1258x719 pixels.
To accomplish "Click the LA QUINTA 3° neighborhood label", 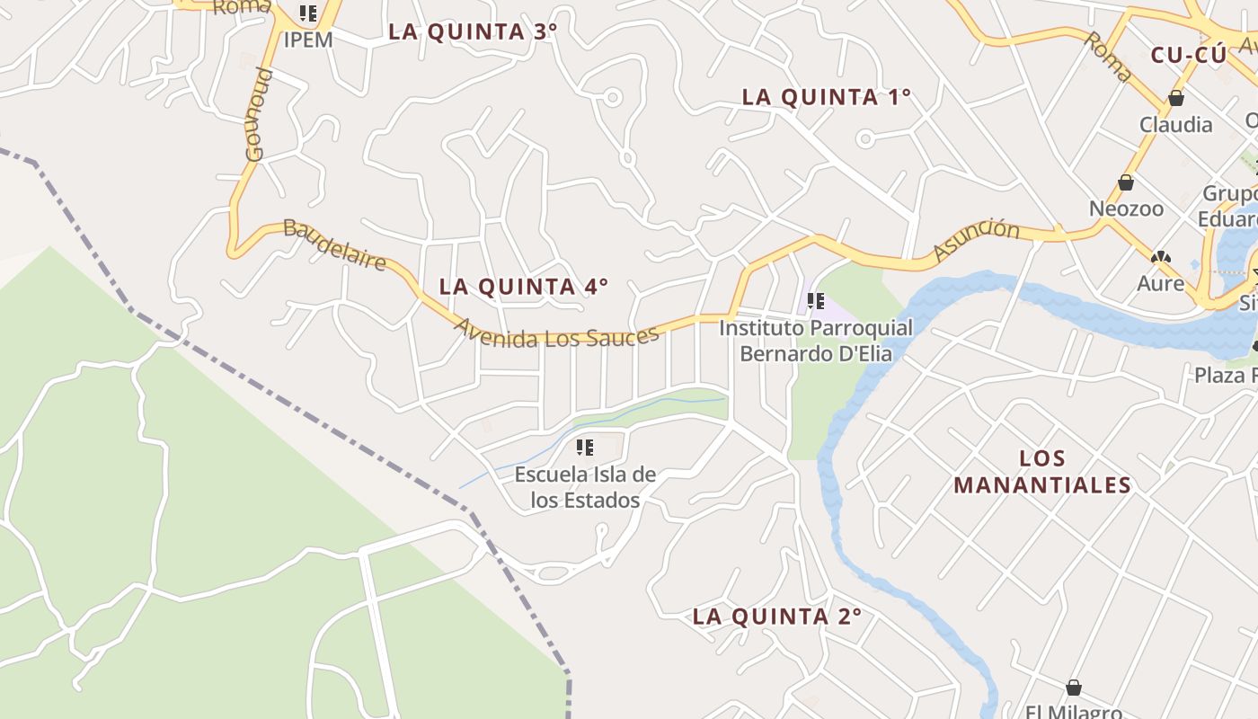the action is point(473,31).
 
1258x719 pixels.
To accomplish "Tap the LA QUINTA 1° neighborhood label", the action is point(827,97).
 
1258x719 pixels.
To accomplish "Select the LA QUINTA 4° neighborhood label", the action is point(523,287).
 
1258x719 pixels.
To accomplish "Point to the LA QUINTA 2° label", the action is point(777,617).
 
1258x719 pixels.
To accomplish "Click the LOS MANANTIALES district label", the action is point(1042,472).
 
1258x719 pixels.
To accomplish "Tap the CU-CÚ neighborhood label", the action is point(1188,55).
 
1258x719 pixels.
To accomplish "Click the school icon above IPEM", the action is point(308,13).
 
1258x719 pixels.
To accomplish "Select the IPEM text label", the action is point(308,40).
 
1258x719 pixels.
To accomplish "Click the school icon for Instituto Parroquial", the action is point(816,301).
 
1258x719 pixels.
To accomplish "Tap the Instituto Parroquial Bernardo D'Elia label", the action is point(816,341).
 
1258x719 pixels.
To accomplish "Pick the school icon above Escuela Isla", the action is point(585,447).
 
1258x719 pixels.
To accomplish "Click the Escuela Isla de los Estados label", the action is point(585,487).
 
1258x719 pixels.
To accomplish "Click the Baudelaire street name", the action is point(334,244).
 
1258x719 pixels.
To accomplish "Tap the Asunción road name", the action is point(976,238).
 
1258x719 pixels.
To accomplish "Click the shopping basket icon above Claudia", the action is point(1175,98).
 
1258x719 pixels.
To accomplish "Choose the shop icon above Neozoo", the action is point(1126,182).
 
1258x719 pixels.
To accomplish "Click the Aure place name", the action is point(1161,284).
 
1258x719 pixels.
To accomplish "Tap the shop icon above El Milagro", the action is point(1073,688).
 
